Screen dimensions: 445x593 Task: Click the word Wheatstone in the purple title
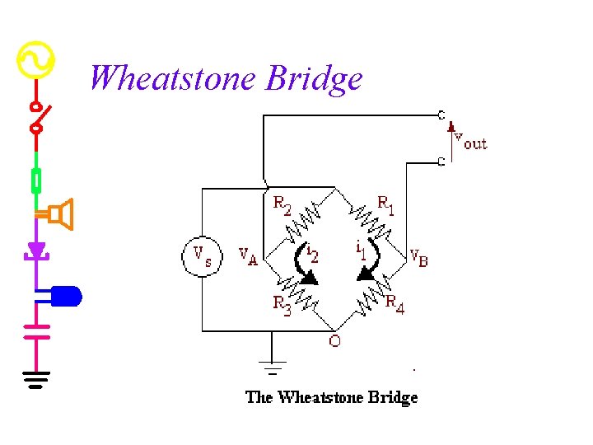pos(173,78)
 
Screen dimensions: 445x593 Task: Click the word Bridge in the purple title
pos(314,80)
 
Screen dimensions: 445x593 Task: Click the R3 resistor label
pos(282,305)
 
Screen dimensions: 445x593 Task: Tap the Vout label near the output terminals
pos(470,143)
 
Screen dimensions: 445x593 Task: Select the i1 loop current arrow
pos(370,262)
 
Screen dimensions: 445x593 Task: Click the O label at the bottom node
pos(334,341)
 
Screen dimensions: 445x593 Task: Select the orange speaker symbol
pos(61,214)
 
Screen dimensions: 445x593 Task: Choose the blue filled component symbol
pos(66,295)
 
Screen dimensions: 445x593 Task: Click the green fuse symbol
pos(35,180)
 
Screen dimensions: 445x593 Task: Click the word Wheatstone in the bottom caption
pos(317,397)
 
